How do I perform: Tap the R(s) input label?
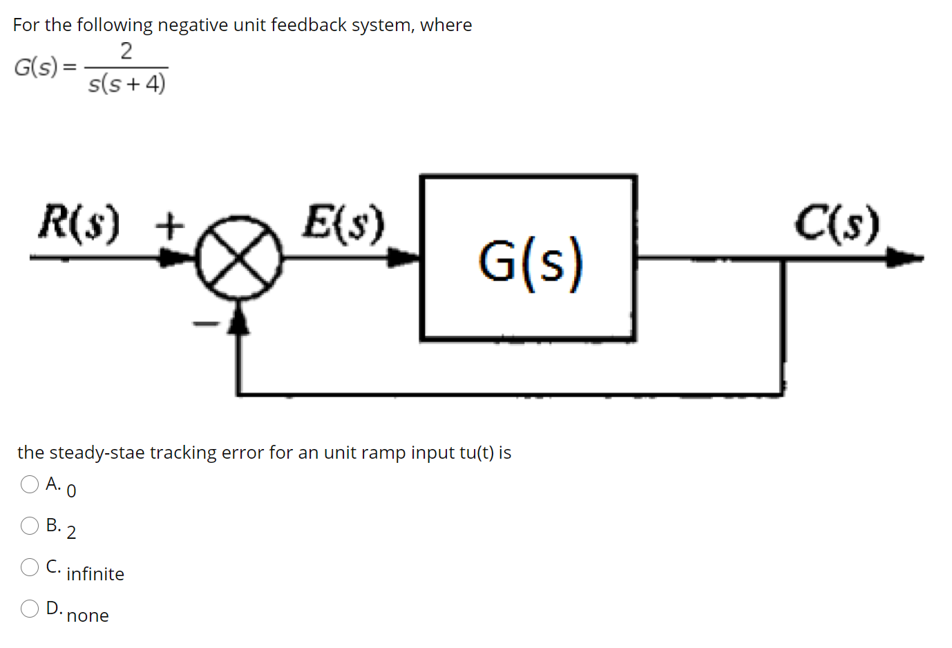(79, 222)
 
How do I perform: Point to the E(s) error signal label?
(343, 222)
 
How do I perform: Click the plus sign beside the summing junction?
(170, 224)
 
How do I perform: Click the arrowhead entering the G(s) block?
(403, 258)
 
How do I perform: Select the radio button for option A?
(30, 484)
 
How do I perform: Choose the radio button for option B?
(30, 526)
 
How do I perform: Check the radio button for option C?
(30, 567)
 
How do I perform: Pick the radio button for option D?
(30, 609)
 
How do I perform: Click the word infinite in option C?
(95, 574)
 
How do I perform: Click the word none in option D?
(88, 616)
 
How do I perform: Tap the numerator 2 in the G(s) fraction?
(126, 51)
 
